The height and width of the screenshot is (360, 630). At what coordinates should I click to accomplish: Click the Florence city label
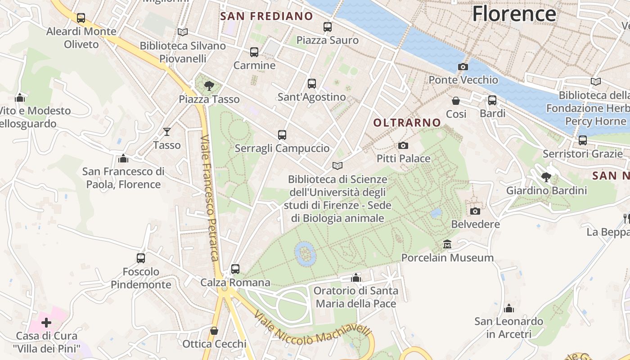[514, 13]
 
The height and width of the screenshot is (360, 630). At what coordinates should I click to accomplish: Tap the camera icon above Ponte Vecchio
[463, 67]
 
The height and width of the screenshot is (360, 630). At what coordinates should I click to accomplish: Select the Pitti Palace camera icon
[403, 145]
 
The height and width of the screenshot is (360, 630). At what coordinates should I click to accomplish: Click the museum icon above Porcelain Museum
[447, 244]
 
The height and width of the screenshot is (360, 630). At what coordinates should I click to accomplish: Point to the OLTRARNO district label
[407, 122]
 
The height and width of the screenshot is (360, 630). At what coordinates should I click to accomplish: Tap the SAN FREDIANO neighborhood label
[266, 17]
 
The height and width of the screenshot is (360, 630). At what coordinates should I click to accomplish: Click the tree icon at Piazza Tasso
[209, 85]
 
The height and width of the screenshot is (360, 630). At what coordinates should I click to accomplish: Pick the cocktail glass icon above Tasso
[167, 132]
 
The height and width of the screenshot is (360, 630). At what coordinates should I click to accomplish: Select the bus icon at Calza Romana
[235, 269]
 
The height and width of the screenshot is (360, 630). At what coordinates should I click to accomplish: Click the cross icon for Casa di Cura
[46, 322]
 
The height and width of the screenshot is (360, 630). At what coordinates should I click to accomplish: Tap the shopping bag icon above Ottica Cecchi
[214, 331]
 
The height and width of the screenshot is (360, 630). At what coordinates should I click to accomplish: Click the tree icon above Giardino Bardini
[546, 177]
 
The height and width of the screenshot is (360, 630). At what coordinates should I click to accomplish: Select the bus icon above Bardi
[492, 100]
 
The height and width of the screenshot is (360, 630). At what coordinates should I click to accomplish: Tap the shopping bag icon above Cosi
[456, 100]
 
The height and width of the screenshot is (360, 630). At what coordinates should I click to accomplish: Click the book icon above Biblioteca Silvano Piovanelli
[182, 32]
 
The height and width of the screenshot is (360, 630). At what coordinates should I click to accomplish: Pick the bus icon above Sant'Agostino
[312, 83]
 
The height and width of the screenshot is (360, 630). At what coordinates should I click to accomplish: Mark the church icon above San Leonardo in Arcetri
[509, 308]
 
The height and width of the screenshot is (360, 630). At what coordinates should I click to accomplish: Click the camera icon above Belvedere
[475, 211]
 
